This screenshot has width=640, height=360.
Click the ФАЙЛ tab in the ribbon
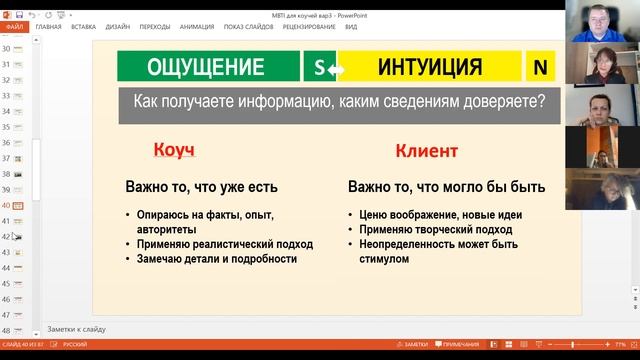tap(14, 27)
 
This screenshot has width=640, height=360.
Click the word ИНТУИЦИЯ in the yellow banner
tap(431, 67)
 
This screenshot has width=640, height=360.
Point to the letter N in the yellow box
tap(541, 67)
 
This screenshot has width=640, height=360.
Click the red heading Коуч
tap(173, 151)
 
